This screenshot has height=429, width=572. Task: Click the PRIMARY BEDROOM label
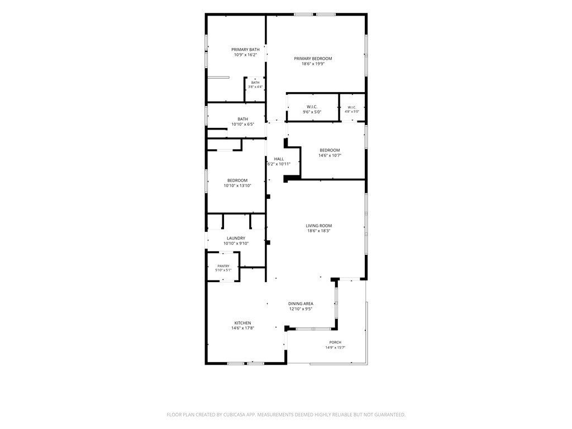(313, 58)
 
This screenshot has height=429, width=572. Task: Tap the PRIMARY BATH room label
(246, 50)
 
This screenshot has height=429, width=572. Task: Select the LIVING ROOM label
(319, 226)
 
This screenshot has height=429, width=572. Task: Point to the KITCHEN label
(242, 323)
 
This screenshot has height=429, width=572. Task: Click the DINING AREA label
(301, 303)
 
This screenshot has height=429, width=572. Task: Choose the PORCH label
(335, 342)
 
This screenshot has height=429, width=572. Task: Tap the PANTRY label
(223, 266)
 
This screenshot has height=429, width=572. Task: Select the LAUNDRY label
(236, 238)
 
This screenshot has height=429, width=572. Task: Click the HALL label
(279, 159)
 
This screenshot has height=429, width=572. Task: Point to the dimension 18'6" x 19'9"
(313, 64)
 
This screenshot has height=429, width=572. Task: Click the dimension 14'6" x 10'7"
(330, 155)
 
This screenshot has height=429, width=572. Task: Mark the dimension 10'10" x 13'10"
(237, 185)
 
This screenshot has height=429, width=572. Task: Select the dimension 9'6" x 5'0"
(312, 112)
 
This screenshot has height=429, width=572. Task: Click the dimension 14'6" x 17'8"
(242, 328)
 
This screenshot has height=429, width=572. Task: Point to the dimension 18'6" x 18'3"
(319, 231)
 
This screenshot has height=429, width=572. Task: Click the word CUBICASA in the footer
(235, 415)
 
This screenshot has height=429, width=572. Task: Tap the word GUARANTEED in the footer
(392, 415)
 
